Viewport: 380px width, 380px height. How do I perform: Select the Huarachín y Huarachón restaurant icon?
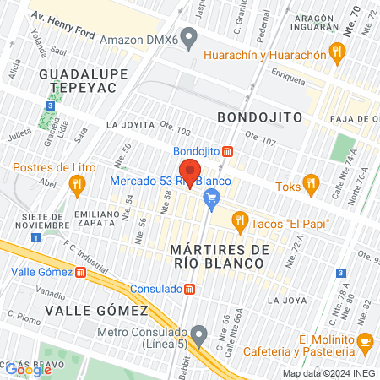[338, 54]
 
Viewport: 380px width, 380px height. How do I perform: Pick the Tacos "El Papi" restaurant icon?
[240, 222]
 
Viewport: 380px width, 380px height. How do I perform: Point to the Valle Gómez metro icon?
[80, 272]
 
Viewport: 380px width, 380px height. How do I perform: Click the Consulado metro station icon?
[190, 289]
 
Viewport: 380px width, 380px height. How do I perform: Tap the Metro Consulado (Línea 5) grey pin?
[198, 336]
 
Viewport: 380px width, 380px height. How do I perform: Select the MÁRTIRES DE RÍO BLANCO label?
[219, 257]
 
